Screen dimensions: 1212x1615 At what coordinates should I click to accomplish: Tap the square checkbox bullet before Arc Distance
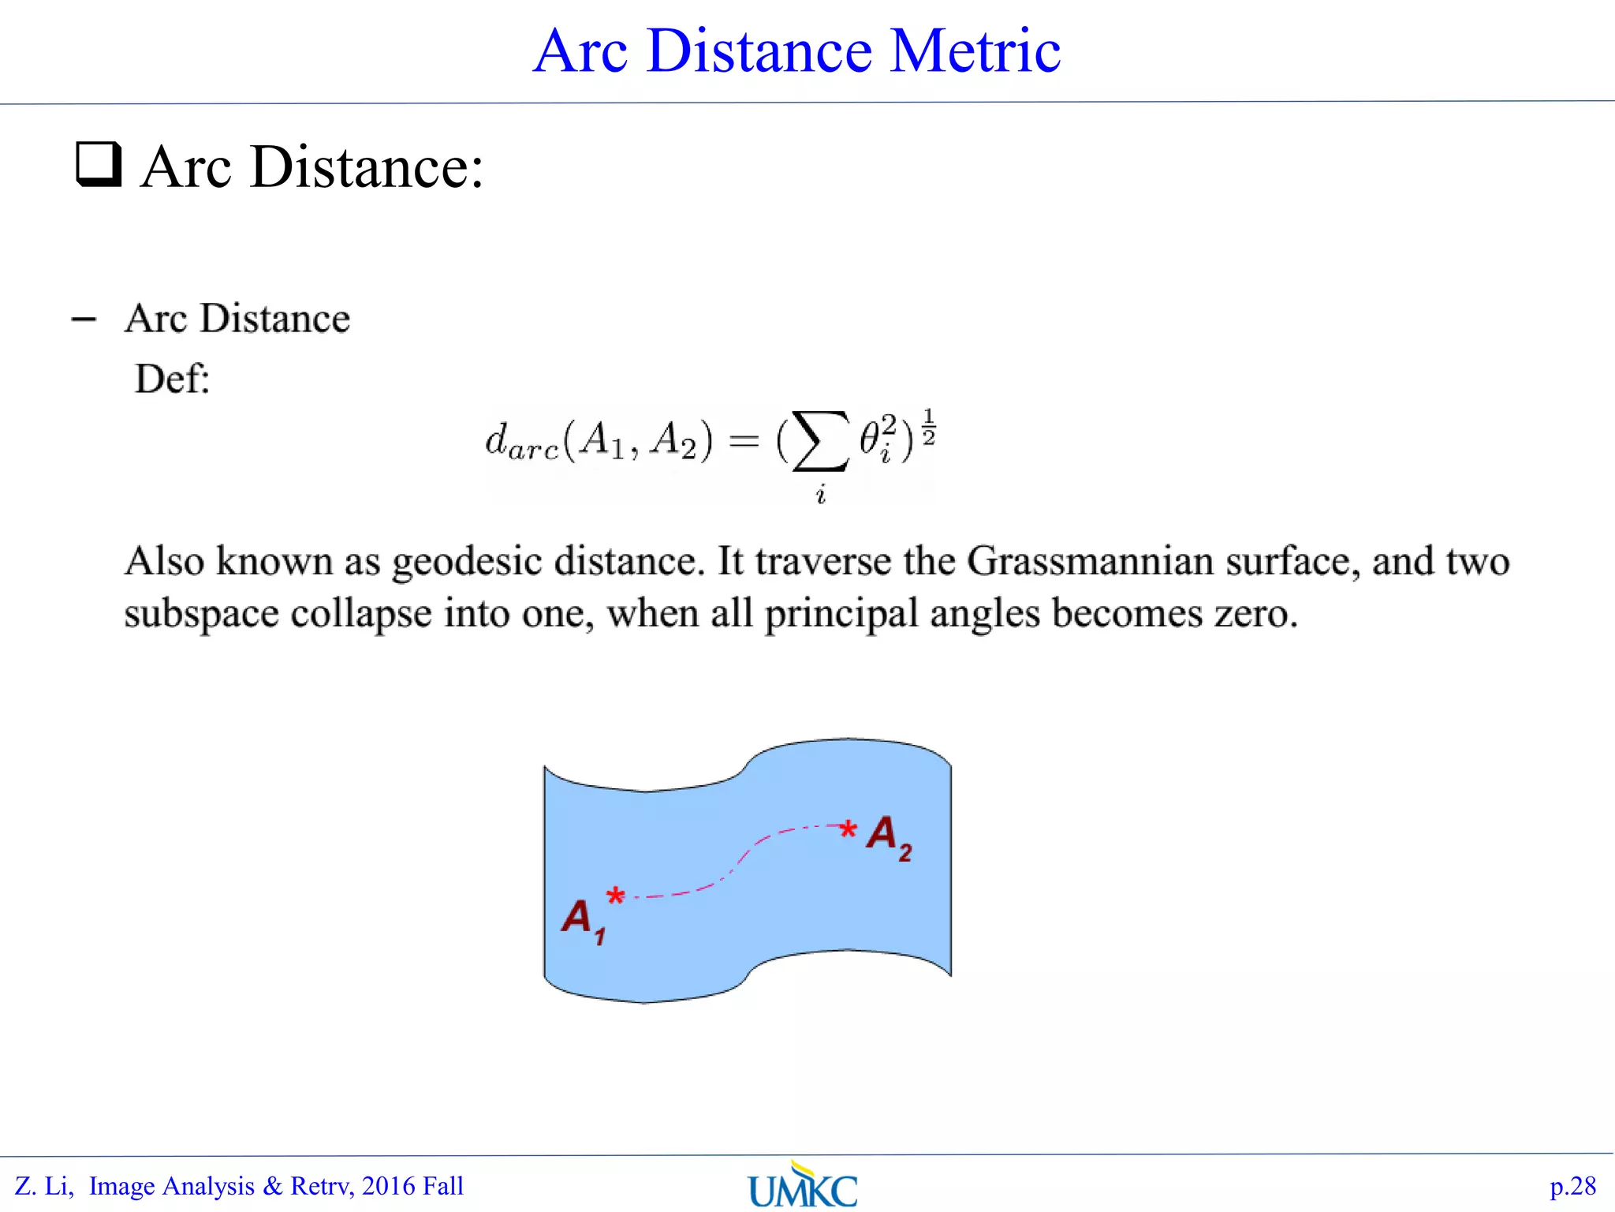coord(99,164)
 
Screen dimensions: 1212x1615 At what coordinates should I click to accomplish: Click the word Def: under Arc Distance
coord(172,379)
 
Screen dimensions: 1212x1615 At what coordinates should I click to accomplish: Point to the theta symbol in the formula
coord(870,439)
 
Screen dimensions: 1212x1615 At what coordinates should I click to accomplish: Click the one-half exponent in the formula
coord(928,427)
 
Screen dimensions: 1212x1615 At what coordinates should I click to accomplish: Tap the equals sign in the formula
coord(744,441)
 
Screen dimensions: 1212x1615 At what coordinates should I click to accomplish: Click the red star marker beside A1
coord(615,896)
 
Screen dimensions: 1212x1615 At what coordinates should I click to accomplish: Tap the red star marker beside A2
coord(848,829)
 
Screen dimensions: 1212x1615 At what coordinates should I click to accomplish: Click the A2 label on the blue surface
coord(889,836)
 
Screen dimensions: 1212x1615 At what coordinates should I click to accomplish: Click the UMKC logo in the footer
coord(803,1186)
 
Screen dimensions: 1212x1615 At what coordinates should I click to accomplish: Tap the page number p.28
coord(1572,1186)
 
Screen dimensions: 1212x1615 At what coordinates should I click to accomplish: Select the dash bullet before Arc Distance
coord(84,320)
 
